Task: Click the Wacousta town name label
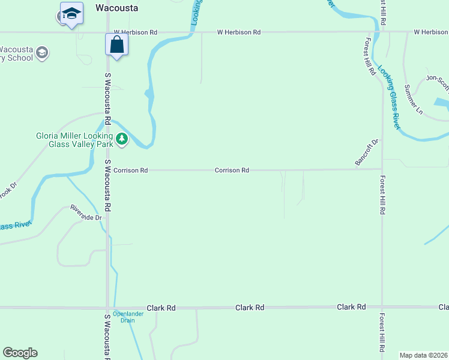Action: (x=116, y=8)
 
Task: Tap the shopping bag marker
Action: (x=116, y=44)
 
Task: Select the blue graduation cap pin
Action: (x=71, y=13)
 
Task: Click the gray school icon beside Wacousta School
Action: (x=42, y=53)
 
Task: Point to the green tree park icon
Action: (x=122, y=139)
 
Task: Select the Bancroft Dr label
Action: (x=367, y=152)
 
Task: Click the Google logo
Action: (x=20, y=353)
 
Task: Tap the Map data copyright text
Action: (x=423, y=355)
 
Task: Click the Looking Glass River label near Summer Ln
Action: (x=388, y=96)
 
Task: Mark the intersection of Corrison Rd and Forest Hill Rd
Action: (x=382, y=169)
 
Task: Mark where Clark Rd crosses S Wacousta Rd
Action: (x=108, y=307)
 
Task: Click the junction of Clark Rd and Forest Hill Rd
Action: (x=382, y=307)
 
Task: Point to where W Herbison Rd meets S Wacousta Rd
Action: (x=108, y=32)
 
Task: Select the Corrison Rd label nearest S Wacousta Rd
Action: (x=130, y=170)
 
